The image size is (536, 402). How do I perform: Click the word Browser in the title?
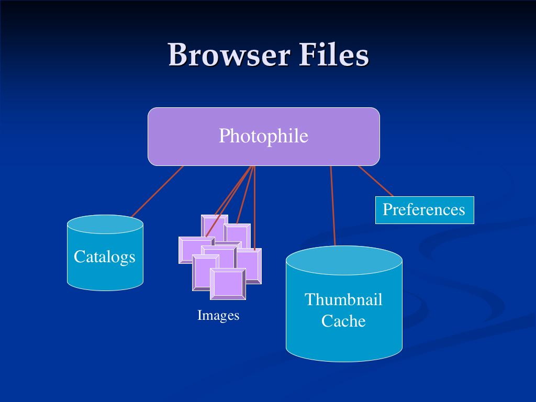click(x=229, y=55)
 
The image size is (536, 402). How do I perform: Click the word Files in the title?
click(x=334, y=55)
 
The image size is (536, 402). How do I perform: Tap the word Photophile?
click(x=263, y=136)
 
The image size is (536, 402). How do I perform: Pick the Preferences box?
click(x=424, y=210)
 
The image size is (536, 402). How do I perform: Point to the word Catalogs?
click(x=105, y=256)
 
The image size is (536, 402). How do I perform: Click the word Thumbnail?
click(x=343, y=299)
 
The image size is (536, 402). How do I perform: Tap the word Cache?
click(x=343, y=321)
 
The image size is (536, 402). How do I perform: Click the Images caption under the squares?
click(x=218, y=315)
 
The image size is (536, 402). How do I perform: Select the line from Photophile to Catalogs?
click(x=157, y=192)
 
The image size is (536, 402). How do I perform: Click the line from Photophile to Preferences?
click(x=375, y=181)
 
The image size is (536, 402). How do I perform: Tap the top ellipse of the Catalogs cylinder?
click(x=105, y=224)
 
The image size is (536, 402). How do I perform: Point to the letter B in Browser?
click(x=178, y=55)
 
